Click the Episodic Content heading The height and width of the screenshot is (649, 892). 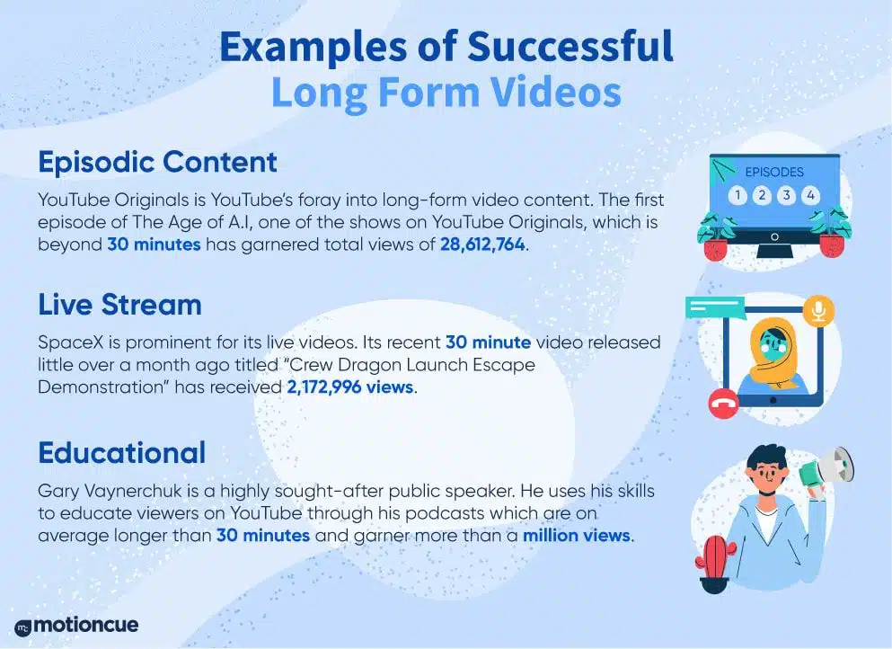click(x=157, y=162)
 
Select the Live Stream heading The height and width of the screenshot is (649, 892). click(x=120, y=305)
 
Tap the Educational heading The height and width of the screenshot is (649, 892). click(x=122, y=453)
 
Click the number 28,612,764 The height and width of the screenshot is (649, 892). click(x=482, y=244)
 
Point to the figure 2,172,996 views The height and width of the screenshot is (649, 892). click(x=349, y=387)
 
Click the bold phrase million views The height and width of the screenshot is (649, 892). click(x=577, y=536)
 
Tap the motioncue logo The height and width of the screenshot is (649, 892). click(x=76, y=625)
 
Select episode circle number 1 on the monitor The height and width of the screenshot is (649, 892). click(x=737, y=196)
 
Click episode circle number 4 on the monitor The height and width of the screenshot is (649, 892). click(x=810, y=196)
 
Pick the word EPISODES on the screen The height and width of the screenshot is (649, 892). click(x=774, y=172)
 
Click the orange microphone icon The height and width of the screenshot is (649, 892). click(x=818, y=311)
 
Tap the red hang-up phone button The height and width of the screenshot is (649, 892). click(x=724, y=405)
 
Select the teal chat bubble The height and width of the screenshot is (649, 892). click(x=715, y=308)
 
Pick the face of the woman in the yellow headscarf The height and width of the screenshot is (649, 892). click(x=772, y=345)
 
